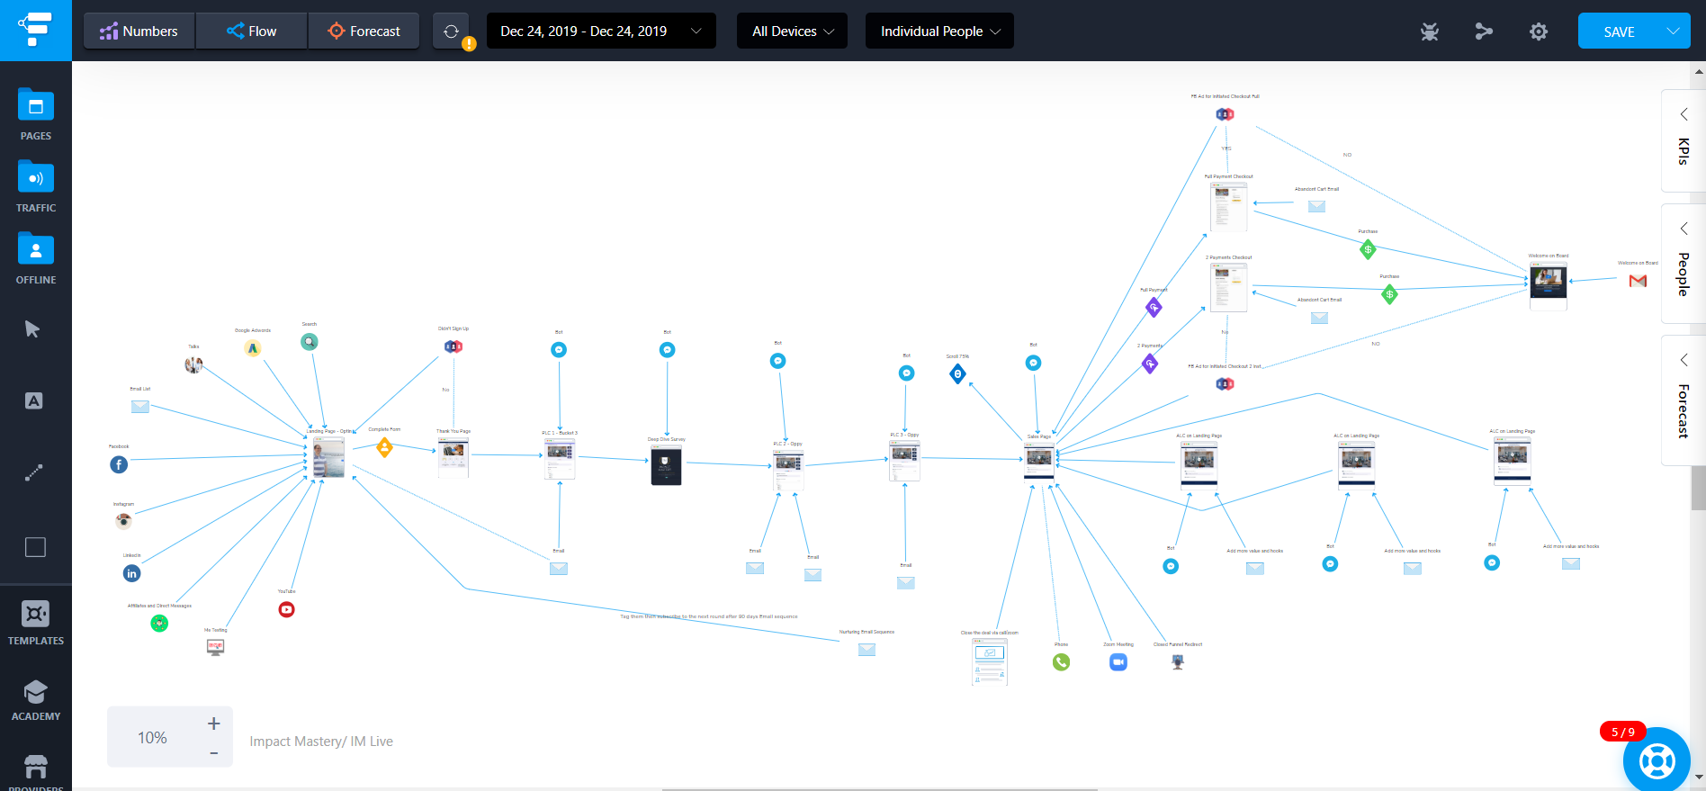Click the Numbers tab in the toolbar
click(x=139, y=31)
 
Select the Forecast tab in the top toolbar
click(x=364, y=31)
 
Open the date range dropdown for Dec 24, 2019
click(x=600, y=31)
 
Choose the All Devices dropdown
click(x=792, y=31)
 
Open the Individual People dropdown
click(x=939, y=31)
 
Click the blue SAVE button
click(x=1619, y=31)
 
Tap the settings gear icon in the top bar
click(x=1539, y=32)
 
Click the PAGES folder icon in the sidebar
click(x=36, y=107)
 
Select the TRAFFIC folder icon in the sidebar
click(x=36, y=178)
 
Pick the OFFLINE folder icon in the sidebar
click(x=36, y=250)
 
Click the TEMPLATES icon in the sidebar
click(x=36, y=615)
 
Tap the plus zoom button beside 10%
click(x=213, y=724)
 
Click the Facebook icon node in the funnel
click(x=119, y=464)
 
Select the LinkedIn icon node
click(x=132, y=573)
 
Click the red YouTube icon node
click(x=286, y=609)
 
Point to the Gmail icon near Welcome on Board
click(x=1638, y=281)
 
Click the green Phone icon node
click(x=1062, y=662)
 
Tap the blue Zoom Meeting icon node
click(x=1118, y=662)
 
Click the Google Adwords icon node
click(x=253, y=348)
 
